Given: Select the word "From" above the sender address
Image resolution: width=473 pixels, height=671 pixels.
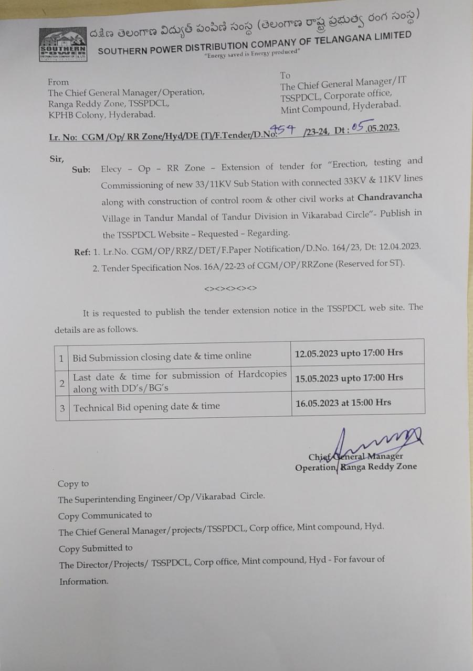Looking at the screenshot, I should coord(58,82).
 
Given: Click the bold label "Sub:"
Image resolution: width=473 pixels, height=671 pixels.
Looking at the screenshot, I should coord(81,170).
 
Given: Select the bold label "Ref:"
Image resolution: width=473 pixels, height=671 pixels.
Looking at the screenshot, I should coord(83,252).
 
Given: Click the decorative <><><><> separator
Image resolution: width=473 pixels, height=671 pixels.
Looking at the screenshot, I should coord(230,288).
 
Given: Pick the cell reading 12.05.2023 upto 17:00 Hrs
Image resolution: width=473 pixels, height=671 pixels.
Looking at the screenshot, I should coord(349,352).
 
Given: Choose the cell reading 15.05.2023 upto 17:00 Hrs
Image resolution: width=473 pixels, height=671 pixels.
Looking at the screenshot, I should coord(349,377).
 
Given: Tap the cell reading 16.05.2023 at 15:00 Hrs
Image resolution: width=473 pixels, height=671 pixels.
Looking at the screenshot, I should coord(343,403).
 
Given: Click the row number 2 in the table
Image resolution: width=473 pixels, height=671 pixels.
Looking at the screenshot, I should coord(62,383).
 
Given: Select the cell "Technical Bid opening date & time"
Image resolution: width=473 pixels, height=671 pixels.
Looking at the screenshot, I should coord(147,407).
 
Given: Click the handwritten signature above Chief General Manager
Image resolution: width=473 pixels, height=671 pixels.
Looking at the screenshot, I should coord(367,443).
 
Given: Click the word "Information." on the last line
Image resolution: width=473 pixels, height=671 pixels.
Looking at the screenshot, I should coord(84,581).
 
